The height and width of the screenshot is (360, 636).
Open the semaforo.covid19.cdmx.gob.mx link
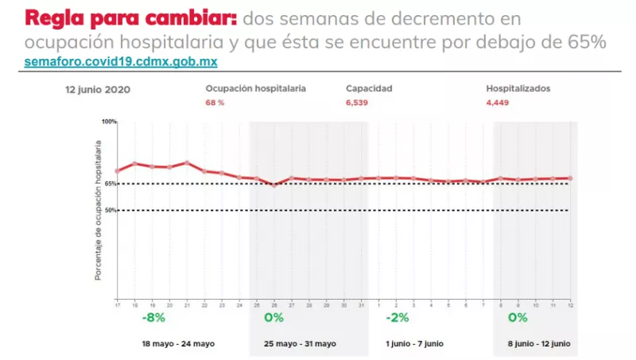coord(121,61)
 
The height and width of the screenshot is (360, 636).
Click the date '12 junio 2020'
coord(98,90)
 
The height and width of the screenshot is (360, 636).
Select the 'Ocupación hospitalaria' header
coord(255,89)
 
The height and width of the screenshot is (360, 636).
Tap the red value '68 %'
coord(215,103)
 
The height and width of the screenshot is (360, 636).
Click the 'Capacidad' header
coord(369,89)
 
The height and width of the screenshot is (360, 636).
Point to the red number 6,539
coord(358,103)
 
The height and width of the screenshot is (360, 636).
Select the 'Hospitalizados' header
coord(518,89)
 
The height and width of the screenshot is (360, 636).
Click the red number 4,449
coord(498,103)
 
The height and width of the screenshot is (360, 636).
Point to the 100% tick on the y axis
coord(109,122)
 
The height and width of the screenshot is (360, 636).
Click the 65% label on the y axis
coord(110,184)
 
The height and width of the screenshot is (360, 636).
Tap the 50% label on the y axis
coord(110,211)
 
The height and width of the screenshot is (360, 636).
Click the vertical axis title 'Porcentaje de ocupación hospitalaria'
coord(99,211)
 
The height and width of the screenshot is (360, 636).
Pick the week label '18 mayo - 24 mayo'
coord(179,344)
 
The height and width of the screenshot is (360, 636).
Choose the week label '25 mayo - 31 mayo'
coord(301,344)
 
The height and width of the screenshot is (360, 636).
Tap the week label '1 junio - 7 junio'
coord(414,344)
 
